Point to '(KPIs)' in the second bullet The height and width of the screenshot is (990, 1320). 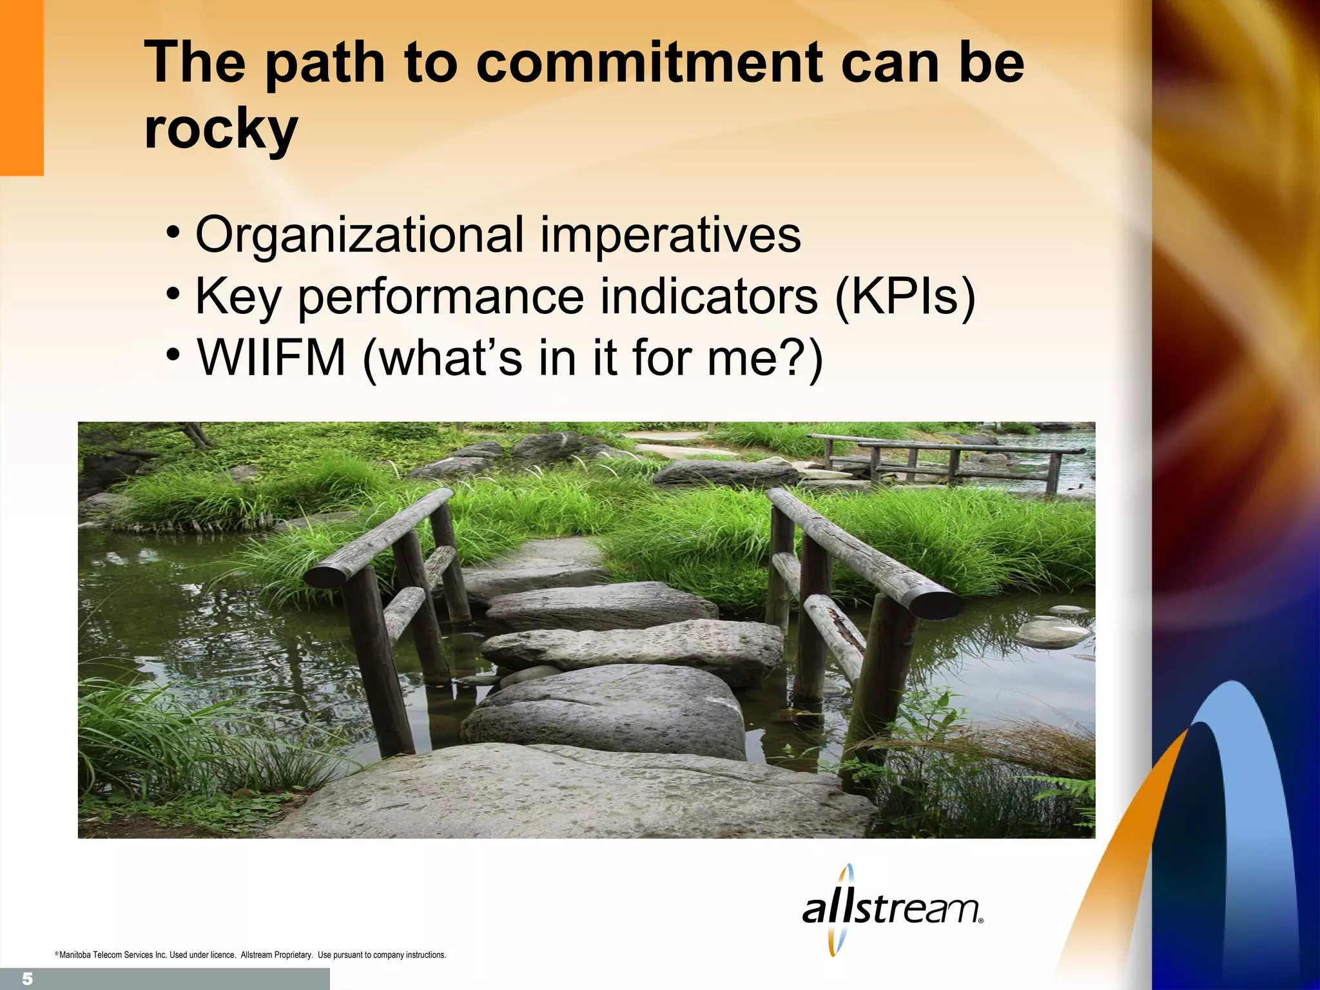coord(905,296)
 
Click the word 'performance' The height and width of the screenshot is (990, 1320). coord(440,297)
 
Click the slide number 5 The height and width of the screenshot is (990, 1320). coord(27,979)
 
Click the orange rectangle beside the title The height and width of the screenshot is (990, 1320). coord(21,87)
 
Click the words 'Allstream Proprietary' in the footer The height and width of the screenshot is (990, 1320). coord(277,955)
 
